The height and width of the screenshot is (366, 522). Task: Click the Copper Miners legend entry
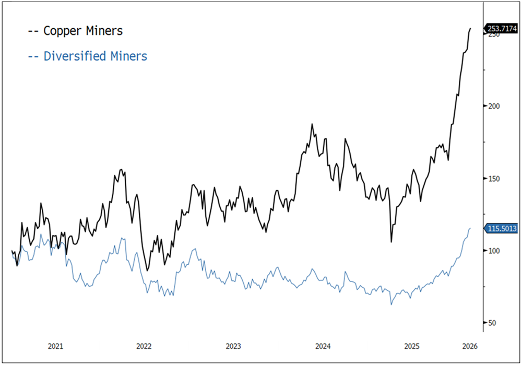click(75, 31)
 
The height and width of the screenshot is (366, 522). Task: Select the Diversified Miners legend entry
click(87, 56)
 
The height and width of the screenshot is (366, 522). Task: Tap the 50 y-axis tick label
click(492, 323)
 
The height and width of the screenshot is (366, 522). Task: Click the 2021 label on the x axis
click(55, 346)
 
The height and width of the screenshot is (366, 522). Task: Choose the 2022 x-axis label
click(144, 346)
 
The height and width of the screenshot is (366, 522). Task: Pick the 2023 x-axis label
click(233, 346)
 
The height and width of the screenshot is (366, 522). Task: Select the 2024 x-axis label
click(323, 346)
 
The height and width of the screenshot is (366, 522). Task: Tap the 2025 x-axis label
click(412, 346)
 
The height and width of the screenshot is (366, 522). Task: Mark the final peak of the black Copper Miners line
click(470, 29)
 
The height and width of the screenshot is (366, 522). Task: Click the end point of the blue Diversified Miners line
click(470, 228)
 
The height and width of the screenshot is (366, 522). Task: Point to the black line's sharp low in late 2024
click(391, 242)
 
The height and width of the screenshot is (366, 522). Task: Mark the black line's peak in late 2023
click(312, 124)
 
